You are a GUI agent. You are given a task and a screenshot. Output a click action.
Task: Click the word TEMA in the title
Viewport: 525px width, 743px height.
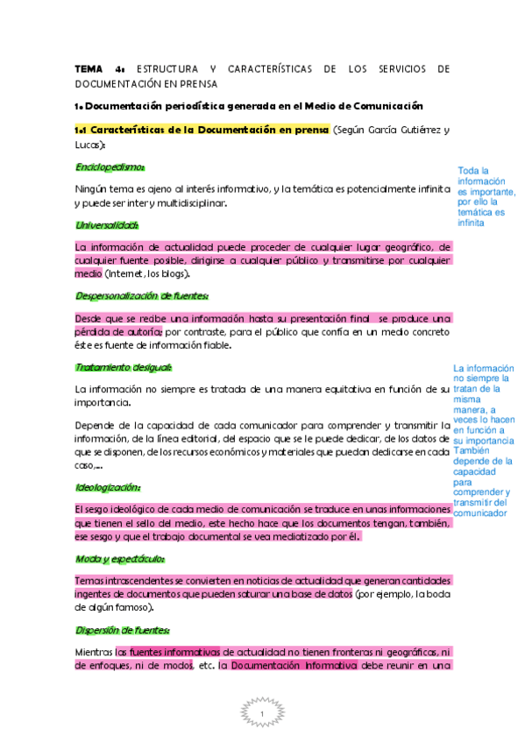tap(88, 68)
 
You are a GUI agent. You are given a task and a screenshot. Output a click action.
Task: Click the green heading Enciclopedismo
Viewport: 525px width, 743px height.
tap(110, 166)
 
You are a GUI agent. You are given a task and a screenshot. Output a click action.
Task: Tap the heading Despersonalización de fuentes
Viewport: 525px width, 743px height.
tap(141, 295)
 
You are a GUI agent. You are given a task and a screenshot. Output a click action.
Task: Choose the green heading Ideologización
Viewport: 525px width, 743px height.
tap(109, 487)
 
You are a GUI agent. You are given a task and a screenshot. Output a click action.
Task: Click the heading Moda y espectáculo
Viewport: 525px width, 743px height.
tap(120, 558)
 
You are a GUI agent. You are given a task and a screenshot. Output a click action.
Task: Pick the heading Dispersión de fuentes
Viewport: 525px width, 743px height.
tap(123, 629)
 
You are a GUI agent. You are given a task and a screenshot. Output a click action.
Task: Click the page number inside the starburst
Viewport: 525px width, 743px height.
tap(262, 716)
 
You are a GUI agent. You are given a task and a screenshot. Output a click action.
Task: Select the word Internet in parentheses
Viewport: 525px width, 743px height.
tap(128, 274)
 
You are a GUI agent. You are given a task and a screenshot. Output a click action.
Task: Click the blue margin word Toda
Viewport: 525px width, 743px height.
tap(469, 171)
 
